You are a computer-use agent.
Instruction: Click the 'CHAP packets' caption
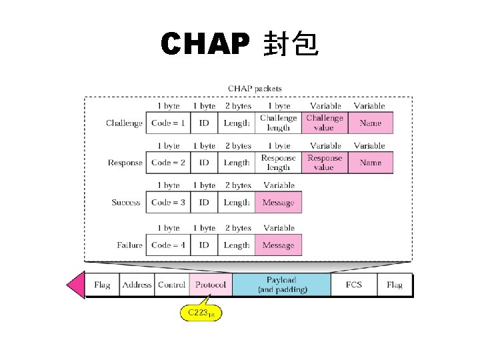(x=255, y=88)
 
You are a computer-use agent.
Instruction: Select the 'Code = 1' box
(x=168, y=123)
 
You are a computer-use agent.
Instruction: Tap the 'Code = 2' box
(x=168, y=163)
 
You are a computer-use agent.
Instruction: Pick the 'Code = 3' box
(x=168, y=203)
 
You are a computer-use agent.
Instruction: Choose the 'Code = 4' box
(x=168, y=245)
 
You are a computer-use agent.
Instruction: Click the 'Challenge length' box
(x=279, y=123)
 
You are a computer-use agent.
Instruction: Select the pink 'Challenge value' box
(x=325, y=123)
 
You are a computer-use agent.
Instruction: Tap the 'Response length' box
(x=279, y=163)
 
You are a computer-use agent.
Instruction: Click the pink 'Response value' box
(x=325, y=163)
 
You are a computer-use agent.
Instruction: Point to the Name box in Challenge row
(x=370, y=123)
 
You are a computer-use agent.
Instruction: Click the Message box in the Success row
(x=279, y=203)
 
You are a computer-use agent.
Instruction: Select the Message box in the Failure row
(x=279, y=245)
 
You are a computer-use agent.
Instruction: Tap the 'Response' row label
(x=125, y=163)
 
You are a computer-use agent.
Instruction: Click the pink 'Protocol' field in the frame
(x=211, y=285)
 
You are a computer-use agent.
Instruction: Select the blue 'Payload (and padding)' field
(x=281, y=285)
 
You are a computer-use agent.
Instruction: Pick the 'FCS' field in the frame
(x=354, y=285)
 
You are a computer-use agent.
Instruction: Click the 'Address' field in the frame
(x=137, y=285)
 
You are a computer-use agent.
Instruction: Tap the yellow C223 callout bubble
(x=200, y=312)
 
